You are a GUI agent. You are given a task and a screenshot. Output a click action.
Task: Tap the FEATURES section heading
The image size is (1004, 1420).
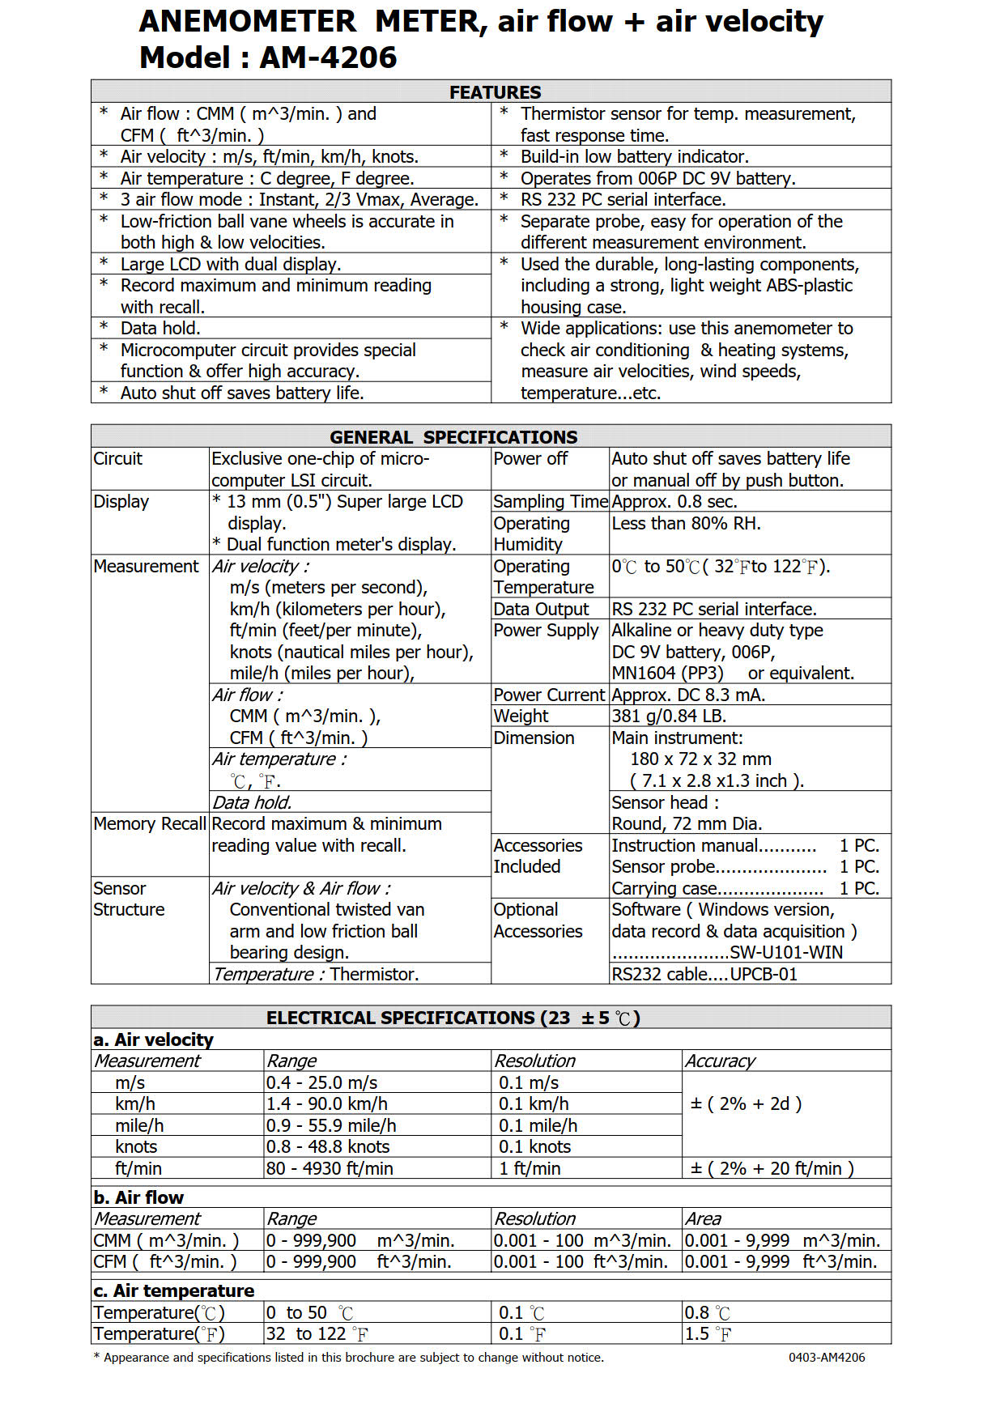[495, 92]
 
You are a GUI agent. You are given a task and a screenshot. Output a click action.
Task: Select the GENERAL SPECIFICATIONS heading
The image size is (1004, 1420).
[453, 437]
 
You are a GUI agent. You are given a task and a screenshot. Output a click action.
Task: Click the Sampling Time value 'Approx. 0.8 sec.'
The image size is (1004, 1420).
[674, 502]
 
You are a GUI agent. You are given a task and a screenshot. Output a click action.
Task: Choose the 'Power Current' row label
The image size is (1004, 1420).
[549, 695]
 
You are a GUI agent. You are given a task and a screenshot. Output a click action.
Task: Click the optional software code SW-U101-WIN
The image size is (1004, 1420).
[785, 953]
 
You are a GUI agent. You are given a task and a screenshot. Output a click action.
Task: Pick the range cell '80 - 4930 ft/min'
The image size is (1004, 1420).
[330, 1169]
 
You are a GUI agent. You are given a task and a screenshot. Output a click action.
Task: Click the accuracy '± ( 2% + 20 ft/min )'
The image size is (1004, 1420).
[772, 1169]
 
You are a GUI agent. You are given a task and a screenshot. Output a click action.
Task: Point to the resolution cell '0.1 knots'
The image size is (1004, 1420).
[534, 1147]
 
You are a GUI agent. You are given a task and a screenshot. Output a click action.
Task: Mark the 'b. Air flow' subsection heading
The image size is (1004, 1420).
[138, 1198]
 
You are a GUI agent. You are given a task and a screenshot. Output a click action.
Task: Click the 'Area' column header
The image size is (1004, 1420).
[703, 1219]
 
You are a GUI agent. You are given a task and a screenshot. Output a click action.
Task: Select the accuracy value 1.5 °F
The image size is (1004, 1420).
[708, 1334]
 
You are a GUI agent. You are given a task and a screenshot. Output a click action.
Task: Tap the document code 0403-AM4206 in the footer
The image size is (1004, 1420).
[827, 1358]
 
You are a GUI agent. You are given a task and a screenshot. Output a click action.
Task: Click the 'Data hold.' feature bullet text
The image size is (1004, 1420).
[160, 329]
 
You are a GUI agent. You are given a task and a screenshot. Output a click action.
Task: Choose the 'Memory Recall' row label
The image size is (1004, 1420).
[150, 824]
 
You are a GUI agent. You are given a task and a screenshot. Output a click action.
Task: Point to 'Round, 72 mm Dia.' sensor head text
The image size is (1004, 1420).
[687, 824]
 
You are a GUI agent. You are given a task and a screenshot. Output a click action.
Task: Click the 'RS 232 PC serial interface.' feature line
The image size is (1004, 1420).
[623, 200]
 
